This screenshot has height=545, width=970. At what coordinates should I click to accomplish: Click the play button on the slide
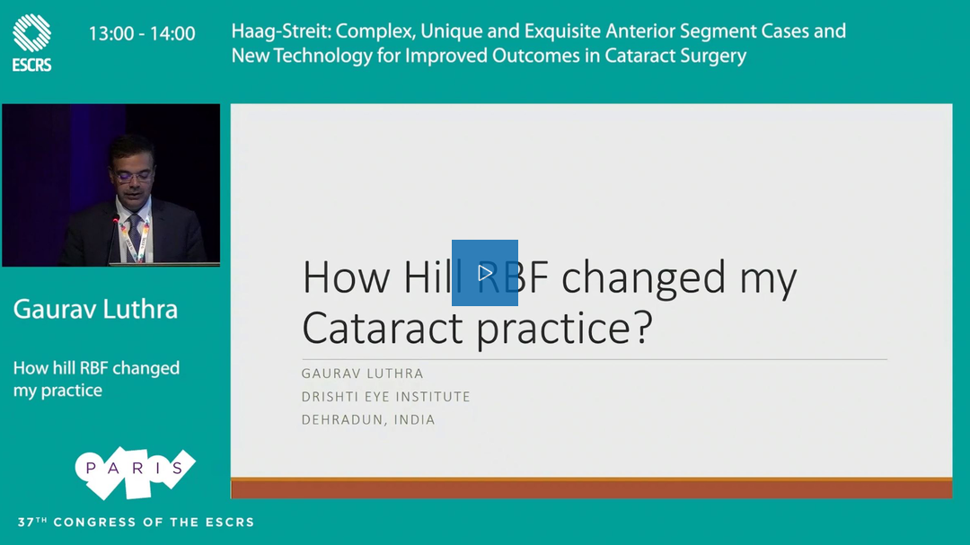point(485,273)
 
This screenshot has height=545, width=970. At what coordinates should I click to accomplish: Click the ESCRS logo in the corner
point(31,42)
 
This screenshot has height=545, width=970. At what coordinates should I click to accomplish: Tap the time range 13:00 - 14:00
point(142,33)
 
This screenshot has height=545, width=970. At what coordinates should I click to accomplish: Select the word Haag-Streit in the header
point(281,31)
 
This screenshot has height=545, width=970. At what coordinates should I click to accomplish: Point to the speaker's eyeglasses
point(133,176)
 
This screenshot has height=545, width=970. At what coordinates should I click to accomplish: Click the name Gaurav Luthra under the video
point(95,309)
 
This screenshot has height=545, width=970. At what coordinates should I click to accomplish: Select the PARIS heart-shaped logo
point(135,472)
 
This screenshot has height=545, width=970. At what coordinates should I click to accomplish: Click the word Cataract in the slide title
point(383,327)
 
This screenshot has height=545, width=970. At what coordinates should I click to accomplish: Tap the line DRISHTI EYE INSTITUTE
point(386,397)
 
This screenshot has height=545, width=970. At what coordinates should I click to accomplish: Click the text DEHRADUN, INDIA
point(368,419)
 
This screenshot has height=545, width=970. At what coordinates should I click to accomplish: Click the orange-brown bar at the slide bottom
point(591,488)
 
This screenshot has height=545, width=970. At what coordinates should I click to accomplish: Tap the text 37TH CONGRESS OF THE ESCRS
point(137,523)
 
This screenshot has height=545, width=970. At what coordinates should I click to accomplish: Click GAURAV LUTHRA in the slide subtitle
point(363,374)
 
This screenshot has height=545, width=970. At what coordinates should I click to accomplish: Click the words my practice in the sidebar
point(57,391)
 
